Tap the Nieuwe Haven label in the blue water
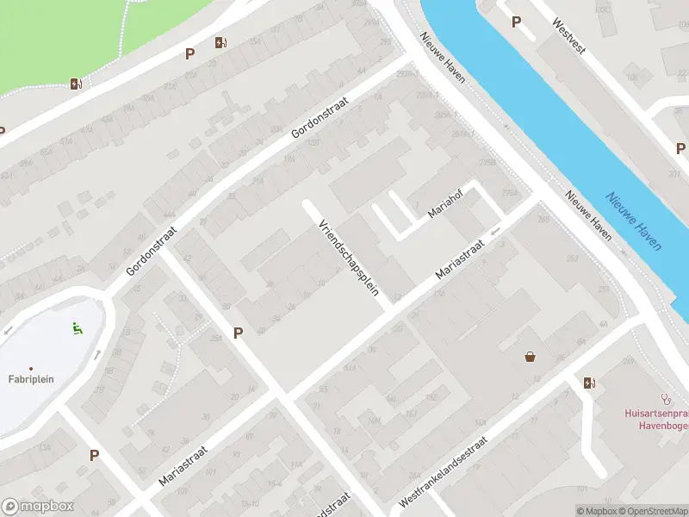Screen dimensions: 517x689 pyautogui.click(x=633, y=221)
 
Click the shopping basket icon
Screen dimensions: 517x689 pyautogui.click(x=531, y=357)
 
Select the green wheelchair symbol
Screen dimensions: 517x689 pyautogui.click(x=77, y=327)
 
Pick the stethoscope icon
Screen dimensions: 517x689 pyautogui.click(x=665, y=399)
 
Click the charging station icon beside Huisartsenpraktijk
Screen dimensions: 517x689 pyautogui.click(x=589, y=382)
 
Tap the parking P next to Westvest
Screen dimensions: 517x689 pyautogui.click(x=516, y=22)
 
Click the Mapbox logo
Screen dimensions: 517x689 pyautogui.click(x=37, y=507)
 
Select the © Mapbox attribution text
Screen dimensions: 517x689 pyautogui.click(x=596, y=511)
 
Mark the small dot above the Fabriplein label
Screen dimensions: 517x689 pyautogui.click(x=31, y=368)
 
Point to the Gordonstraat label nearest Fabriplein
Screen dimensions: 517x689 pyautogui.click(x=151, y=251)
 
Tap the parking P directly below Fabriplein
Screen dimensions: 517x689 pyautogui.click(x=94, y=455)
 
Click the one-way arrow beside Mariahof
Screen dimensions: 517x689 pyautogui.click(x=495, y=231)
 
